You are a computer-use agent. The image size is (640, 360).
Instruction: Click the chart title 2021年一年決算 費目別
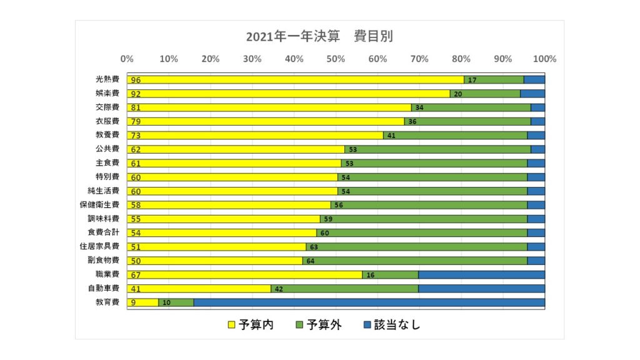(x=319, y=37)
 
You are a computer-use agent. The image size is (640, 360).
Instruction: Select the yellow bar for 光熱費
(x=294, y=80)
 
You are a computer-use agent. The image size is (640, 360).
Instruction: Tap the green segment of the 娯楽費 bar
(x=487, y=94)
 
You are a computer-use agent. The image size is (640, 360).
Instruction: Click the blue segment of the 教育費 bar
(x=369, y=302)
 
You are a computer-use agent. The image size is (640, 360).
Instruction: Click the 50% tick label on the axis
(x=336, y=59)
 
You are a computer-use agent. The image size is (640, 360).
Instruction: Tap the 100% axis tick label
(x=544, y=59)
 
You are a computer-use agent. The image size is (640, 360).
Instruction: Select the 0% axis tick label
(x=127, y=59)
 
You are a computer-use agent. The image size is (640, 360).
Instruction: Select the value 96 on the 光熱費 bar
(x=136, y=80)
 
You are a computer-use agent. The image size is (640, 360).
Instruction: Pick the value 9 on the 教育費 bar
(x=133, y=303)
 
